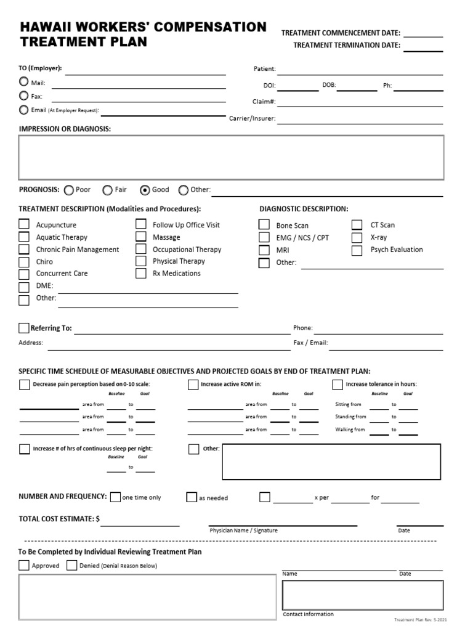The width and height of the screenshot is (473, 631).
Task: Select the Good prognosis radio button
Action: [145, 190]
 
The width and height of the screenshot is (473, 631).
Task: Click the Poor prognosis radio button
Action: [68, 190]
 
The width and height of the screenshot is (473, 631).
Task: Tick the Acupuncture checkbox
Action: [24, 225]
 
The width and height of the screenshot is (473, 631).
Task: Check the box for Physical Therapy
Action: [141, 261]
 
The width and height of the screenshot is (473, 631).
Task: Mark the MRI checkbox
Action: [264, 250]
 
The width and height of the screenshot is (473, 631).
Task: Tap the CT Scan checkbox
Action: [357, 225]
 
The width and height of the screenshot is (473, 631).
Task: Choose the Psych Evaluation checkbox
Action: [357, 250]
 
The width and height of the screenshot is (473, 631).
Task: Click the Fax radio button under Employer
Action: [23, 96]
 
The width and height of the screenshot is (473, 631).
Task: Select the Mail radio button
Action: [23, 82]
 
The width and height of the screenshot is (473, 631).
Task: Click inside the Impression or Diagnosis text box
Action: [231, 157]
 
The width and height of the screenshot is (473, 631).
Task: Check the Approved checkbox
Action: [24, 565]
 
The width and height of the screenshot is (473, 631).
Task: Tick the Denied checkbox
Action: [72, 565]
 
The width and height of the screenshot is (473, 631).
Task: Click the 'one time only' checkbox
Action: [115, 497]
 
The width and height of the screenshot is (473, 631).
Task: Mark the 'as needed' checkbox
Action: [192, 497]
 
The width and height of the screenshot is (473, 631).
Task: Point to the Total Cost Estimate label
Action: [59, 519]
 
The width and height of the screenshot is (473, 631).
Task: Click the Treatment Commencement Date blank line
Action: [422, 33]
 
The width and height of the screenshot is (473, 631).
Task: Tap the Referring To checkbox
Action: [24, 328]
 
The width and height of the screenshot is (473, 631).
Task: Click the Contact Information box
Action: [362, 595]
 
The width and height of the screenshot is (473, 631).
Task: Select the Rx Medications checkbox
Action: [141, 273]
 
